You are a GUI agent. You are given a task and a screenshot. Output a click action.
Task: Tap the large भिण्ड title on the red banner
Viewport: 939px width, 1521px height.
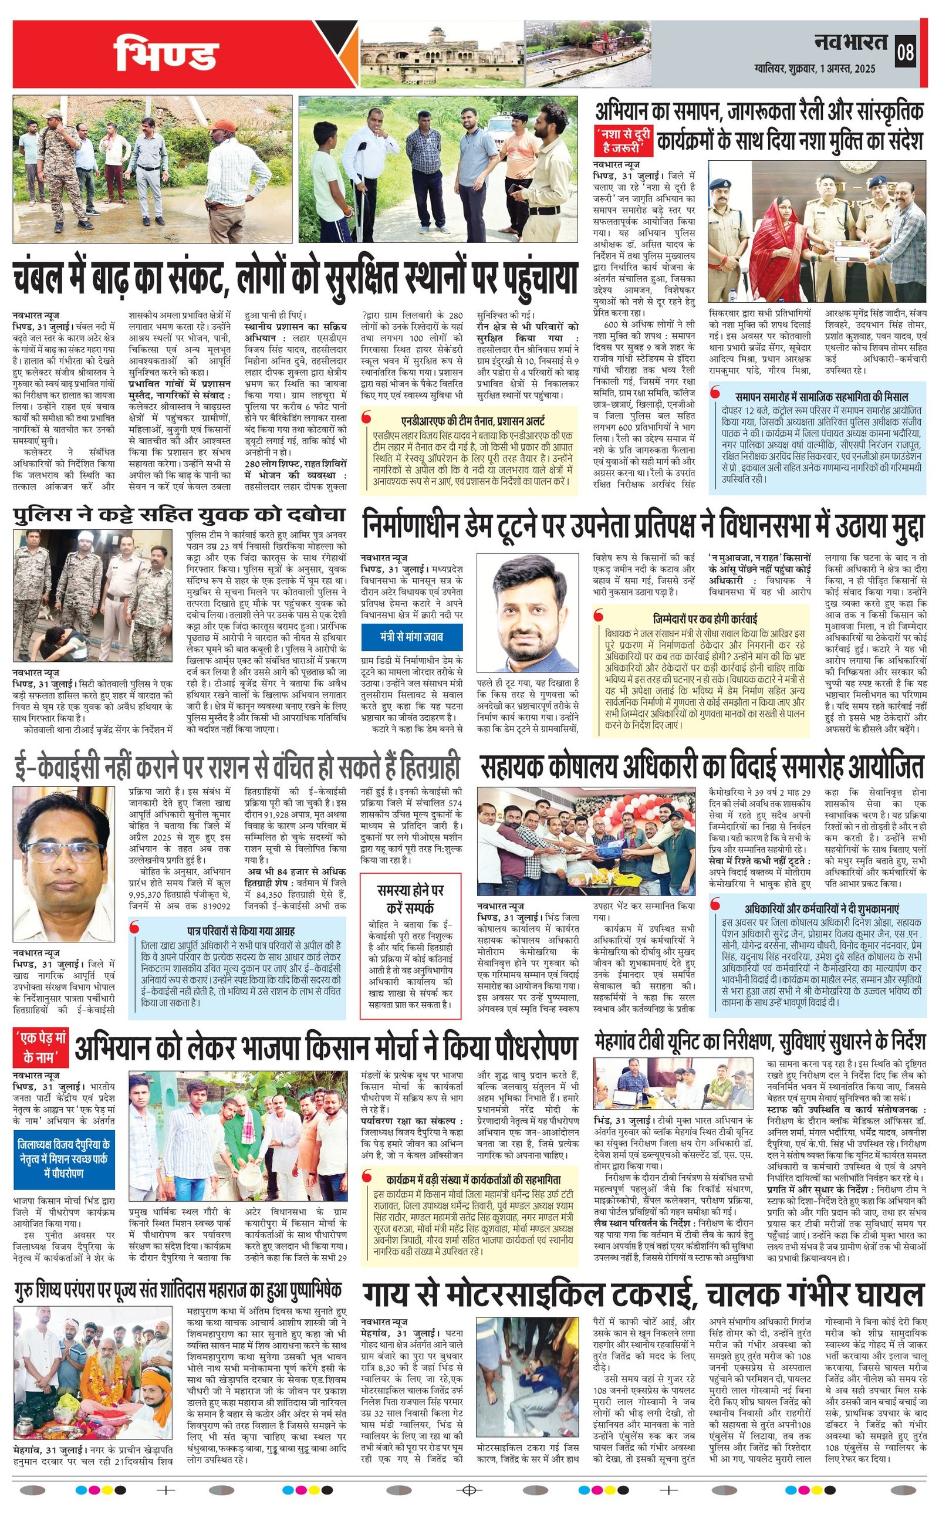pos(167,54)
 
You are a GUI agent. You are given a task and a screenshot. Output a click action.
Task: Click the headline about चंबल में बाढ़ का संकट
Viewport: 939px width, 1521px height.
pos(295,278)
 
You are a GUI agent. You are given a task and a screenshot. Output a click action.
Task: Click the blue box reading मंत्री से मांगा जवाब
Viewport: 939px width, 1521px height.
pos(412,636)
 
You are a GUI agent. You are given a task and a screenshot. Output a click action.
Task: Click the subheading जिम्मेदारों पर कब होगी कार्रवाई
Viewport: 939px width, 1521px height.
pos(705,618)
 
